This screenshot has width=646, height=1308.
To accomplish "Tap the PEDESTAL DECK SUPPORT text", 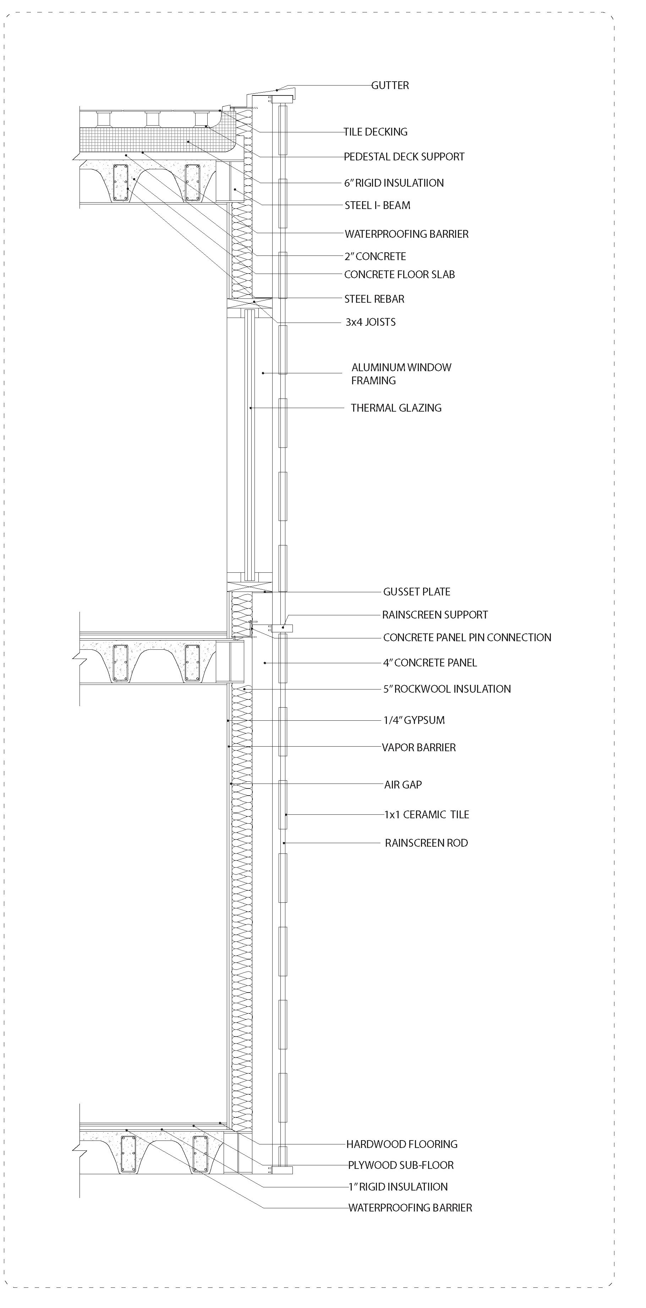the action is [x=404, y=157].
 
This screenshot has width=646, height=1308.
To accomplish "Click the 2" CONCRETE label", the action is [x=375, y=257].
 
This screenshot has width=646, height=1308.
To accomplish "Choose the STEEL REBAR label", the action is [x=374, y=299].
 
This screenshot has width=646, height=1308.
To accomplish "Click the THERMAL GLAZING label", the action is [x=396, y=408].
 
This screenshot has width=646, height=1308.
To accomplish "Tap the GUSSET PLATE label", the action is [x=416, y=592].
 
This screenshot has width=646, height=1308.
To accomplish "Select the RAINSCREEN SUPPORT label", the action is [x=435, y=615].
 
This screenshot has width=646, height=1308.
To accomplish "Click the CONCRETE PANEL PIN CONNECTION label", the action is [x=467, y=638].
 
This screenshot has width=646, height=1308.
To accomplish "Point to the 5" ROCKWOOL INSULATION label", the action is [x=447, y=689].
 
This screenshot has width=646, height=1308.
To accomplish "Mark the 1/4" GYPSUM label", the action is [x=414, y=720].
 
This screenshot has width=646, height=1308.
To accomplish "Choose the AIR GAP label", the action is [x=403, y=785].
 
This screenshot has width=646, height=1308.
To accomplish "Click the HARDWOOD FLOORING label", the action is [x=402, y=1144].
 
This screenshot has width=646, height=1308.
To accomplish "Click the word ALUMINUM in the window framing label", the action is [x=376, y=368].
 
